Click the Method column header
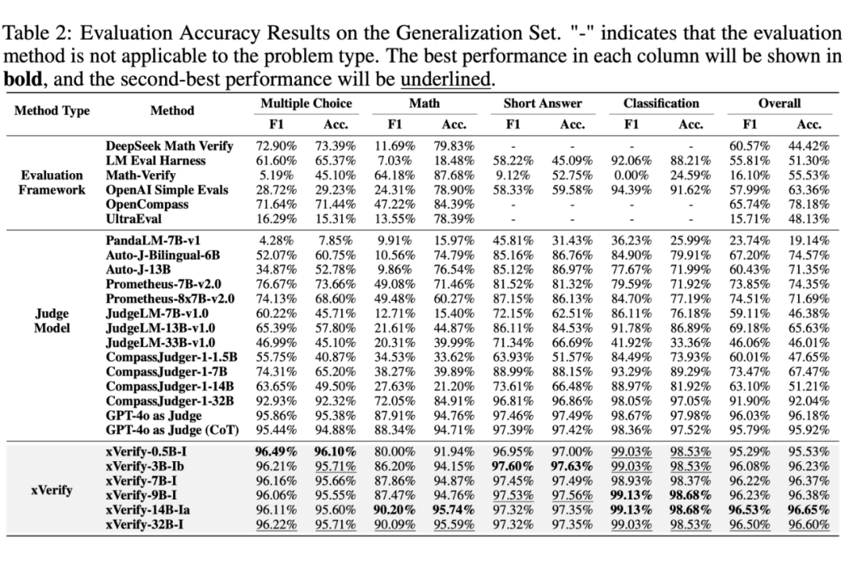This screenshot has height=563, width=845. point(172,111)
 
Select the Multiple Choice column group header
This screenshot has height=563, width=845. point(306,103)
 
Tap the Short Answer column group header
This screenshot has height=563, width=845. point(542,103)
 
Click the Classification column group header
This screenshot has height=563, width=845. point(661,103)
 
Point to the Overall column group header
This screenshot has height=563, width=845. point(779,103)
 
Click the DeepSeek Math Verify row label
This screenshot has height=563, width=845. point(169,146)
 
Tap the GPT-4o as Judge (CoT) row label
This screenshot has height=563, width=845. point(172,430)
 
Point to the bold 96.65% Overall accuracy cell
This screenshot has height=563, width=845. point(808,508)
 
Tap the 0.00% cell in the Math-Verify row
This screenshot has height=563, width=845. point(632,175)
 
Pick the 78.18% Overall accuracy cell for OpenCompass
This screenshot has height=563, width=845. point(808,205)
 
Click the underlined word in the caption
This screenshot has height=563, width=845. point(447,80)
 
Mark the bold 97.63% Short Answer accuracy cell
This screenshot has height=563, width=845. point(572,466)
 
